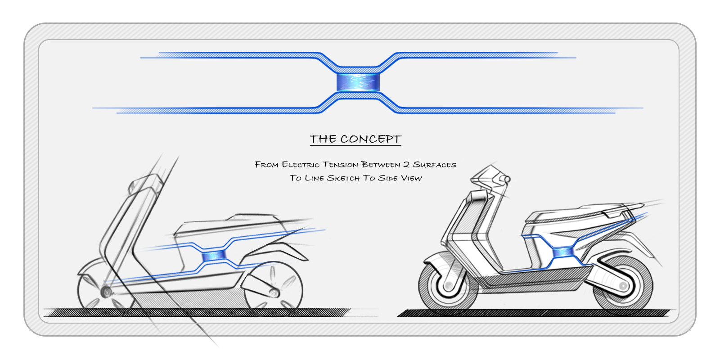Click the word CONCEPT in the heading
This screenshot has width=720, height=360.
(370, 139)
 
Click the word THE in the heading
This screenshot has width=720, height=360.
(323, 139)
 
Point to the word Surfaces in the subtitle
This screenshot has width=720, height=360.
(434, 165)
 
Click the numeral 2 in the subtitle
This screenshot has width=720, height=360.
(406, 165)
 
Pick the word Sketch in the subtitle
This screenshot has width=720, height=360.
(343, 178)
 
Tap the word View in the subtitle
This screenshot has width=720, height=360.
(411, 178)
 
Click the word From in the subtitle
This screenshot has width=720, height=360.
(266, 165)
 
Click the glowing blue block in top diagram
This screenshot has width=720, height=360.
(358, 82)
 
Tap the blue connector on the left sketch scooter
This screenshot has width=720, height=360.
(214, 256)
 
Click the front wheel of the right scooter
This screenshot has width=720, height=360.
(448, 286)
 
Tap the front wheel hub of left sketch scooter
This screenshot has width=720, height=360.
(107, 292)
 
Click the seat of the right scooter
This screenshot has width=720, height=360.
(580, 212)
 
